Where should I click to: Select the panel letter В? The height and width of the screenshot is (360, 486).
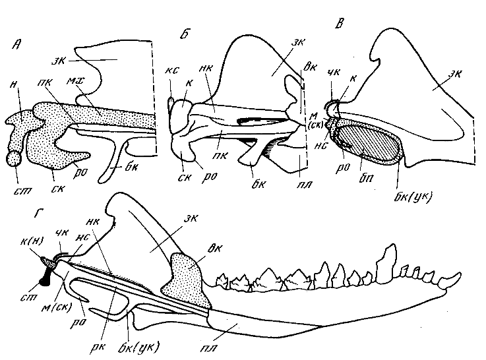[x=339, y=26]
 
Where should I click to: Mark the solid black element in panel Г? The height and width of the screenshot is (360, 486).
[x=46, y=272]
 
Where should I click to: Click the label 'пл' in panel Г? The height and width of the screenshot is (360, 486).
[x=229, y=327]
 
